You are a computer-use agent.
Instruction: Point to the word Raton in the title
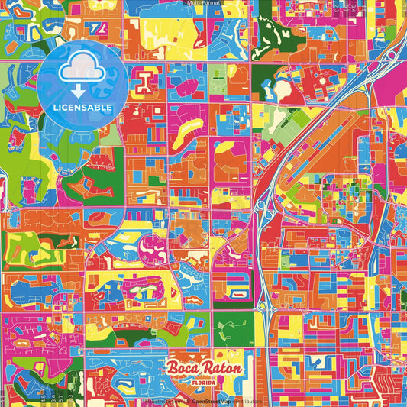pyautogui.click(x=223, y=368)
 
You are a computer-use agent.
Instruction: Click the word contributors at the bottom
pyautogui.click(x=246, y=400)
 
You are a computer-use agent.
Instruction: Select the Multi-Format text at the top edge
pyautogui.click(x=202, y=3)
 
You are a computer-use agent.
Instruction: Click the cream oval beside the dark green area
pyautogui.click(x=283, y=90)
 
